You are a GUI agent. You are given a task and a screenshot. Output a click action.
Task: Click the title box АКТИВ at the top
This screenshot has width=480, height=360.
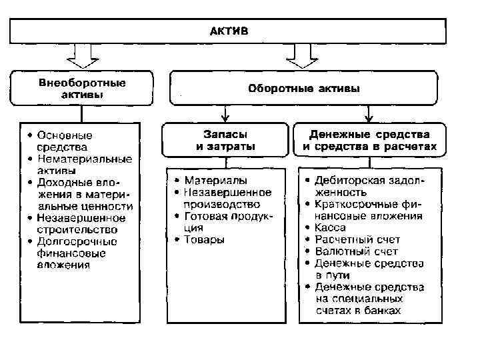point(227,31)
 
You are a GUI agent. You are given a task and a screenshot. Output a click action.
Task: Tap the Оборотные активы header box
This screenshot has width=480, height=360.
point(303,88)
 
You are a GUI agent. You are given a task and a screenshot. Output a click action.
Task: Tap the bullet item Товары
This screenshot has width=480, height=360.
point(204,239)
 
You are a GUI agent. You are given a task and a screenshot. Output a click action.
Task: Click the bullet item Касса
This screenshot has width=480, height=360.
point(331,228)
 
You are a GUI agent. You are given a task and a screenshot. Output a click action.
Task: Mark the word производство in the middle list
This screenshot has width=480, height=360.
point(223,204)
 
